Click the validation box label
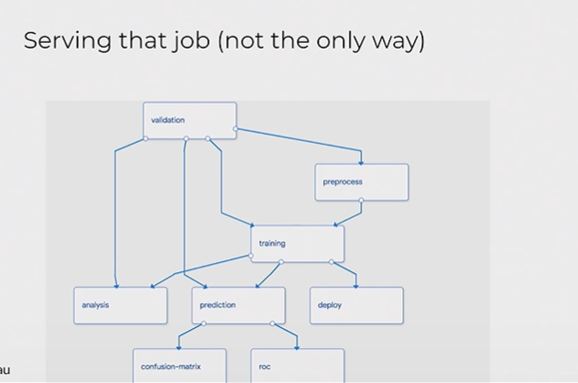[168, 120]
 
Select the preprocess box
[362, 182]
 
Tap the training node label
[272, 244]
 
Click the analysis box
[121, 306]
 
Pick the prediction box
[238, 306]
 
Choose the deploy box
[356, 306]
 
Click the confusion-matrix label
[170, 367]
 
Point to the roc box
[298, 366]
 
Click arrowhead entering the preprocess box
[361, 162]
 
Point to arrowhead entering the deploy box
[355, 286]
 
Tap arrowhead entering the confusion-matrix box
[179, 347]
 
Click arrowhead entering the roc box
[297, 347]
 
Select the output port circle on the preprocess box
[361, 200]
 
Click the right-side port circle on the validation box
[235, 129]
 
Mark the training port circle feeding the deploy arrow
[331, 262]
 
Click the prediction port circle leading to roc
[272, 323]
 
